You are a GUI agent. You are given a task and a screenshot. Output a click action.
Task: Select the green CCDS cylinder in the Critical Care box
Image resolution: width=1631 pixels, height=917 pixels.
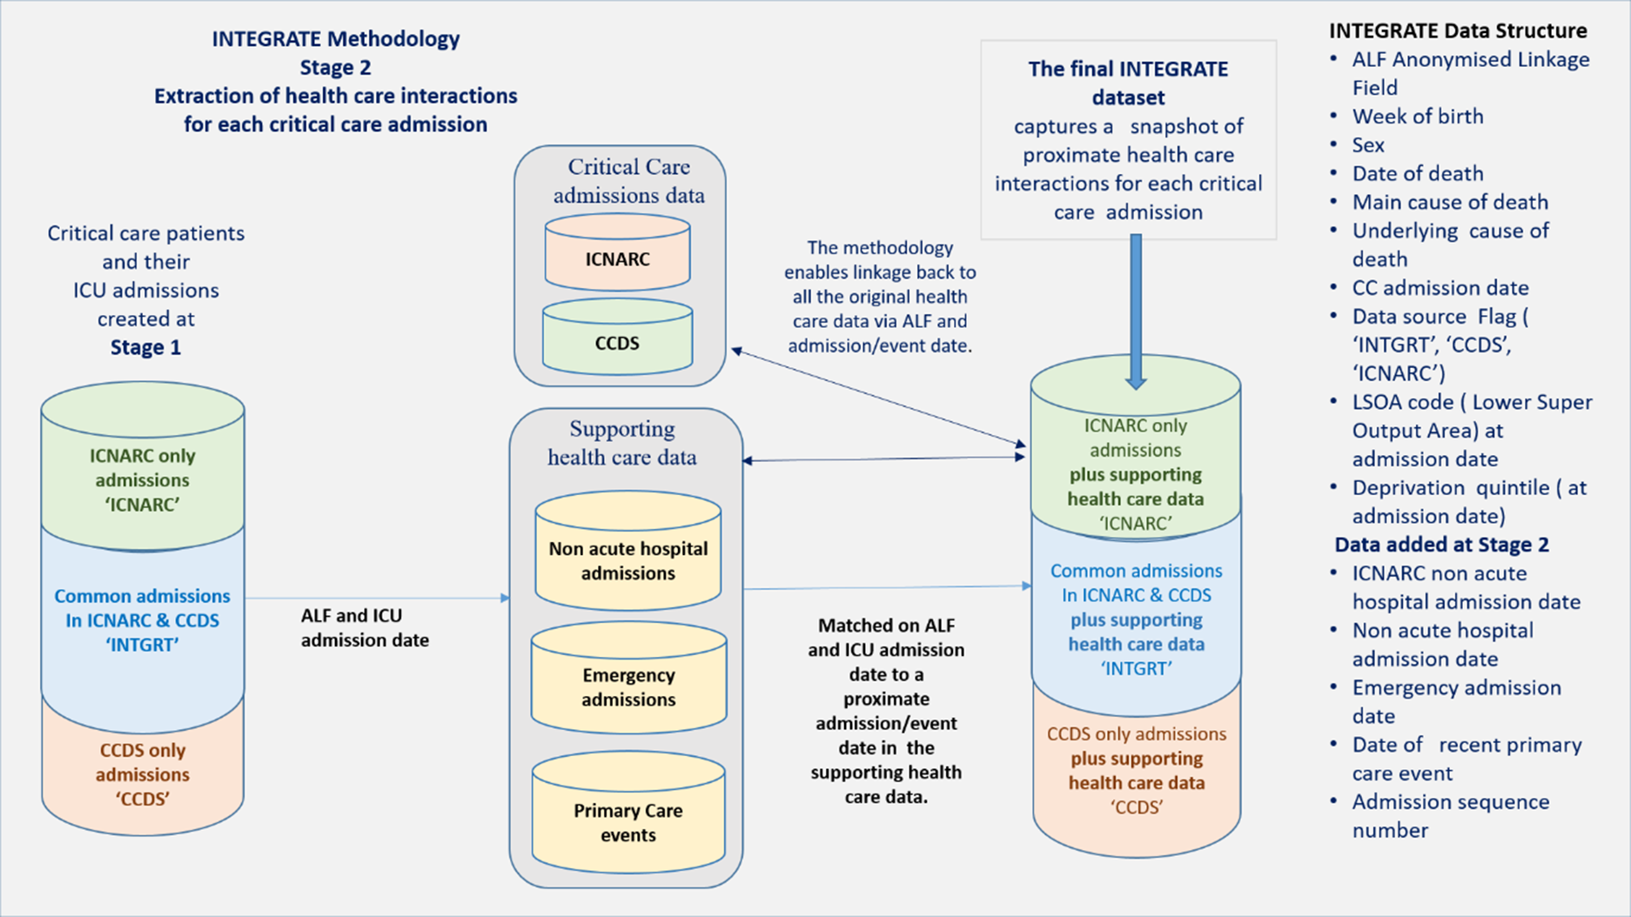(x=617, y=337)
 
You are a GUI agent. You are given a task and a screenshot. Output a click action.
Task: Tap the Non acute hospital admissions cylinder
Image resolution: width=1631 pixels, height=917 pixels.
(x=628, y=551)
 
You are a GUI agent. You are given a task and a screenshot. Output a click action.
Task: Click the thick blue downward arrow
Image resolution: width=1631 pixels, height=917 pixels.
(x=1136, y=311)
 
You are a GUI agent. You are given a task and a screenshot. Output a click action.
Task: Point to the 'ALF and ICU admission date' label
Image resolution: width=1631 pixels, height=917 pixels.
(x=365, y=628)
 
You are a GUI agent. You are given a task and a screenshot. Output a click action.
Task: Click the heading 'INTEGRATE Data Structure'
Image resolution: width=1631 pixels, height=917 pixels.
(x=1458, y=30)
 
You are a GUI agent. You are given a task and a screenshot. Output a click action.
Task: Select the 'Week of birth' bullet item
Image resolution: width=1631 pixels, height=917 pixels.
(x=1418, y=116)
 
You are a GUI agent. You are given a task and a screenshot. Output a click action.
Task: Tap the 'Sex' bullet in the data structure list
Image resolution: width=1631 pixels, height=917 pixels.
(x=1368, y=144)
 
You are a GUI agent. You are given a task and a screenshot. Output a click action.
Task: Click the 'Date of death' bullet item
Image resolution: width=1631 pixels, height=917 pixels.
(x=1418, y=173)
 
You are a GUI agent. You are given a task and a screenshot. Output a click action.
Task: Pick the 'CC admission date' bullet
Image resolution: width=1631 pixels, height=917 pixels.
(x=1440, y=288)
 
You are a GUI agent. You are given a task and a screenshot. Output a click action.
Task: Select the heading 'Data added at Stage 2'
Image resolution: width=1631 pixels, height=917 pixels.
(x=1442, y=545)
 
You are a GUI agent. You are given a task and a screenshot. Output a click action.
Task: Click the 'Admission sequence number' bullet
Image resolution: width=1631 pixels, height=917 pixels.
(x=1451, y=816)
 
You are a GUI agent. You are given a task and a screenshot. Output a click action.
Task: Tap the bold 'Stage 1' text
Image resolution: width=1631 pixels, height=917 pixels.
(x=145, y=347)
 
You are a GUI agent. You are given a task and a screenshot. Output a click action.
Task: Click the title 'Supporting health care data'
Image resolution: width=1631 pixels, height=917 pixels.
(x=621, y=443)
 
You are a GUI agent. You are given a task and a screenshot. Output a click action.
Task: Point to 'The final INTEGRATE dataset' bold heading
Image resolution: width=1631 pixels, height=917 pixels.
(x=1128, y=83)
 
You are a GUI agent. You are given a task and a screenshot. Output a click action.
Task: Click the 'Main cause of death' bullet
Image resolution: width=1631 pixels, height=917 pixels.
(x=1450, y=202)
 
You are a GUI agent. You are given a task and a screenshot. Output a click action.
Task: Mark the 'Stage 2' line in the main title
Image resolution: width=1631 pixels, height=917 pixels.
(x=335, y=67)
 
